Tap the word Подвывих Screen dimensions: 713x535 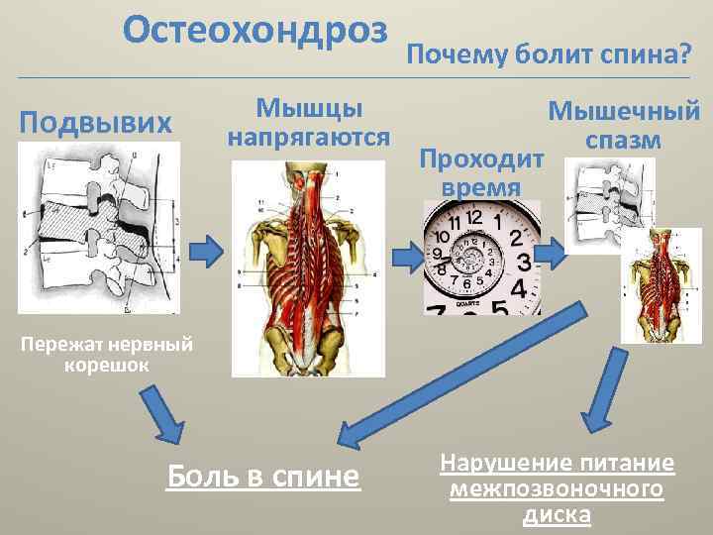(97, 123)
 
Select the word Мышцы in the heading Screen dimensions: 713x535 (309, 106)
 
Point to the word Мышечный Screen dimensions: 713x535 (624, 112)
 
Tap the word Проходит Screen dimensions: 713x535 (481, 159)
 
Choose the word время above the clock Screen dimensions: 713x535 (481, 186)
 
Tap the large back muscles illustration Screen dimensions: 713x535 (309, 267)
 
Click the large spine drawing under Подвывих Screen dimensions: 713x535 (97, 228)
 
